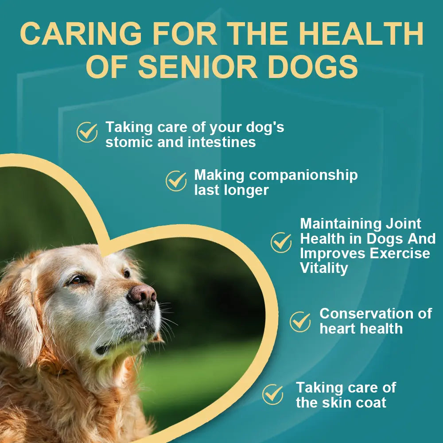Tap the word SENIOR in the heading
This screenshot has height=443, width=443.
click(197, 68)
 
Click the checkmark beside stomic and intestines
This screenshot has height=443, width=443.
click(87, 132)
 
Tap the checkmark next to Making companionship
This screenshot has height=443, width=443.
click(176, 181)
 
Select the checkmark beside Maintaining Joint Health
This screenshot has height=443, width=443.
click(281, 242)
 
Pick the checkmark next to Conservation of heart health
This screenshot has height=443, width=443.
click(300, 322)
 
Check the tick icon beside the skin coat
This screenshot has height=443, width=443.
click(272, 394)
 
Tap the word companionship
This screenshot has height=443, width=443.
click(303, 175)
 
